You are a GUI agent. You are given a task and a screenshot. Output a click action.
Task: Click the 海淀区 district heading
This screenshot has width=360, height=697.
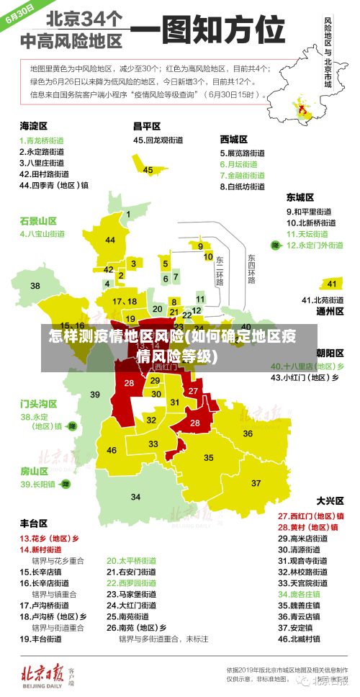pyautogui.click(x=33, y=125)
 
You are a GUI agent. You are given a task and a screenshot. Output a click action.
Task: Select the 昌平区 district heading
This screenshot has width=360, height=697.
pyautogui.click(x=146, y=125)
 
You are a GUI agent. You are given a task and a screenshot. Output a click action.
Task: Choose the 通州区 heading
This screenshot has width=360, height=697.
pyautogui.click(x=330, y=311)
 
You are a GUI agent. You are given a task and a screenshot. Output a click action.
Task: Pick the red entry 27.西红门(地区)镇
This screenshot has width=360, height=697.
pyautogui.click(x=310, y=516)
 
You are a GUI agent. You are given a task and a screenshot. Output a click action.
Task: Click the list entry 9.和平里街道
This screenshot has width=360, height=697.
pyautogui.click(x=309, y=212)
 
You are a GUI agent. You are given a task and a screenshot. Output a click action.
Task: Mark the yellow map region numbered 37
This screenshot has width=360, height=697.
pyautogui.click(x=256, y=482)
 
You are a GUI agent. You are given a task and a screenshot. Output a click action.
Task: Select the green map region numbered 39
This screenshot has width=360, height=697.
pyautogui.click(x=94, y=394)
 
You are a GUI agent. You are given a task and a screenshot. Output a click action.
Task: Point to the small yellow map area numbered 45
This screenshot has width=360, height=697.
pyautogui.click(x=148, y=170)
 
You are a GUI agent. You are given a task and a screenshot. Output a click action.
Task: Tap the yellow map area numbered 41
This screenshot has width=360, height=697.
pyautogui.click(x=331, y=283)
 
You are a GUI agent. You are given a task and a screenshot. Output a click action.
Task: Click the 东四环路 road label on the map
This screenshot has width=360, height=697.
pyautogui.click(x=251, y=268)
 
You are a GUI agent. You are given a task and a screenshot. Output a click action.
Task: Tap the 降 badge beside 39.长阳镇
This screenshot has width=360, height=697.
pyautogui.click(x=66, y=485)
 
